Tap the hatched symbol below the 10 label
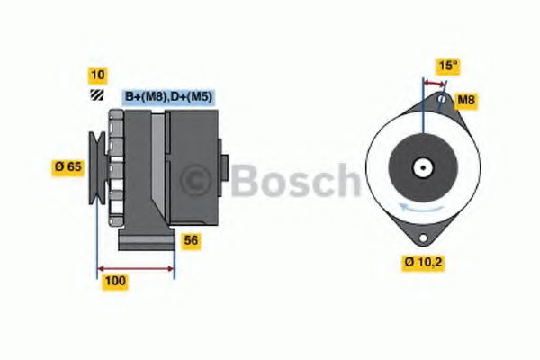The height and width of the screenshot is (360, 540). pos(95,94)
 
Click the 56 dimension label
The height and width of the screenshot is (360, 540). pos(191,240)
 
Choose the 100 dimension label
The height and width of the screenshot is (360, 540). pos(115,281)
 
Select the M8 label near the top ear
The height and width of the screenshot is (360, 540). pos(465,100)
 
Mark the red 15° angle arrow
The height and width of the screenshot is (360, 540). pos(434,82)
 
